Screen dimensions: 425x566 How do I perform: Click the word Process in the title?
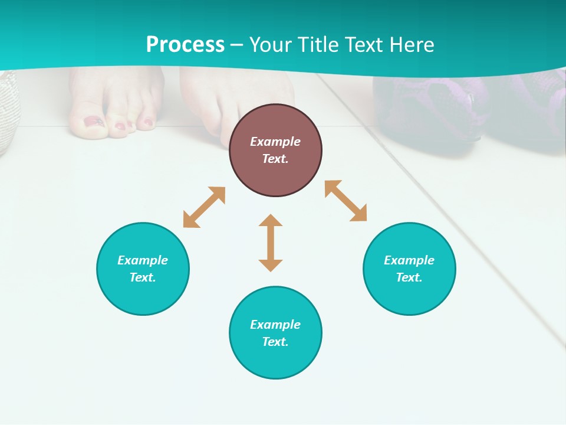coord(185,44)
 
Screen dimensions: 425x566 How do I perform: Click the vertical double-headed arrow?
coord(271,243)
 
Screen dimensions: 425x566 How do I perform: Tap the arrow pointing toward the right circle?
coord(346,201)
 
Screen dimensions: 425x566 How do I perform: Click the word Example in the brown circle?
coord(275,142)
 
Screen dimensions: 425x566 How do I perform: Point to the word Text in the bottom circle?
coord(275,342)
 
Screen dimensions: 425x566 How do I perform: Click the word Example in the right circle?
coord(409,260)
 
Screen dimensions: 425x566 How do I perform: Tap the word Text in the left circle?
coord(143,277)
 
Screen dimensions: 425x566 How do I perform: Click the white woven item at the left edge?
coord(7,112)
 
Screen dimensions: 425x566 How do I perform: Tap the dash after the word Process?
coord(237,45)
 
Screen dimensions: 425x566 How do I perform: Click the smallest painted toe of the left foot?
coord(149,123)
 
